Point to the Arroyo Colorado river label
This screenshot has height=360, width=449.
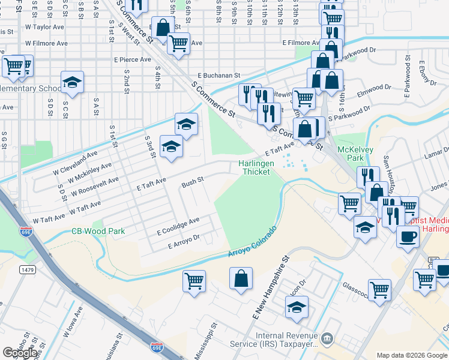coord(253,243)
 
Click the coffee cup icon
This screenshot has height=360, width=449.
coord(408,236)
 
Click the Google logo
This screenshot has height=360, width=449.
coord(20,353)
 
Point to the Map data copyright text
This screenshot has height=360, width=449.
coord(412,355)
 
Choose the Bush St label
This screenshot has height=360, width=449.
coord(193,179)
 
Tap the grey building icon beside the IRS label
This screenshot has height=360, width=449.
coord(327,340)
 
